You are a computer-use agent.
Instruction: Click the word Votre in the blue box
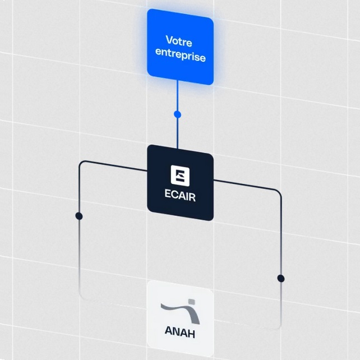179,41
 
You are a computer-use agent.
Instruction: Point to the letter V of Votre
169,39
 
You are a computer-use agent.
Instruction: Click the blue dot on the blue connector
177,114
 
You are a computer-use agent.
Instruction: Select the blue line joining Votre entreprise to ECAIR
177,114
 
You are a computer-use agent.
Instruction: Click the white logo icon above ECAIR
180,176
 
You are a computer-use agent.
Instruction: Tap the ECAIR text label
180,196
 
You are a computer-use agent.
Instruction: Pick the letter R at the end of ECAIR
192,198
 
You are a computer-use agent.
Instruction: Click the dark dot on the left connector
79,216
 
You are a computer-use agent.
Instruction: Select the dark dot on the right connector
281,278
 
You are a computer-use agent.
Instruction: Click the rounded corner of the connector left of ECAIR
81,163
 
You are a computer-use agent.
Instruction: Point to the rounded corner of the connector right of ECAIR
279,192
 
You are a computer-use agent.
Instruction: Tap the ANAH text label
180,332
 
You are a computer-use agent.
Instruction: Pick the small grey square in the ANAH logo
192,302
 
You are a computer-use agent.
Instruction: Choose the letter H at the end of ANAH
191,334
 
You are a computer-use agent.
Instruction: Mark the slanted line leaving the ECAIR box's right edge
244,185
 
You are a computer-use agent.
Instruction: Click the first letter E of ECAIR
168,193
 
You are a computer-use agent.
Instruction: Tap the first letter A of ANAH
169,331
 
